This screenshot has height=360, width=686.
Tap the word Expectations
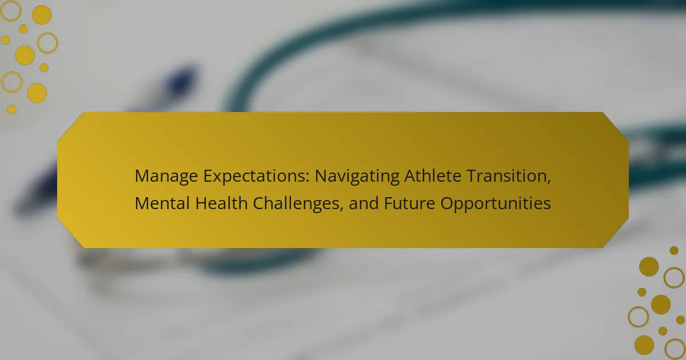click(256, 176)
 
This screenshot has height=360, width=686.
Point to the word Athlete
click(433, 176)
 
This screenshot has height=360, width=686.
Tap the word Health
click(221, 203)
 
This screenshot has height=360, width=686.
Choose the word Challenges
click(296, 204)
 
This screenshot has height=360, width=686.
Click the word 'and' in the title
click(364, 203)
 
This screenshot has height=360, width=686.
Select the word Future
click(409, 203)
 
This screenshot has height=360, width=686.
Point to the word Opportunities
click(496, 204)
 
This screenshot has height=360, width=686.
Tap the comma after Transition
click(549, 181)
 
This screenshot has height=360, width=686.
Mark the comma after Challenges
click(341, 209)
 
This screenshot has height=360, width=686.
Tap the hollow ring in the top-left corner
click(11, 11)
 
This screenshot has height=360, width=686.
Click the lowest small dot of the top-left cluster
click(12, 109)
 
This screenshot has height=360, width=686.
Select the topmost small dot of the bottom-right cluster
click(674, 250)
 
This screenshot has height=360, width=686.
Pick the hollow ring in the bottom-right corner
click(675, 350)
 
